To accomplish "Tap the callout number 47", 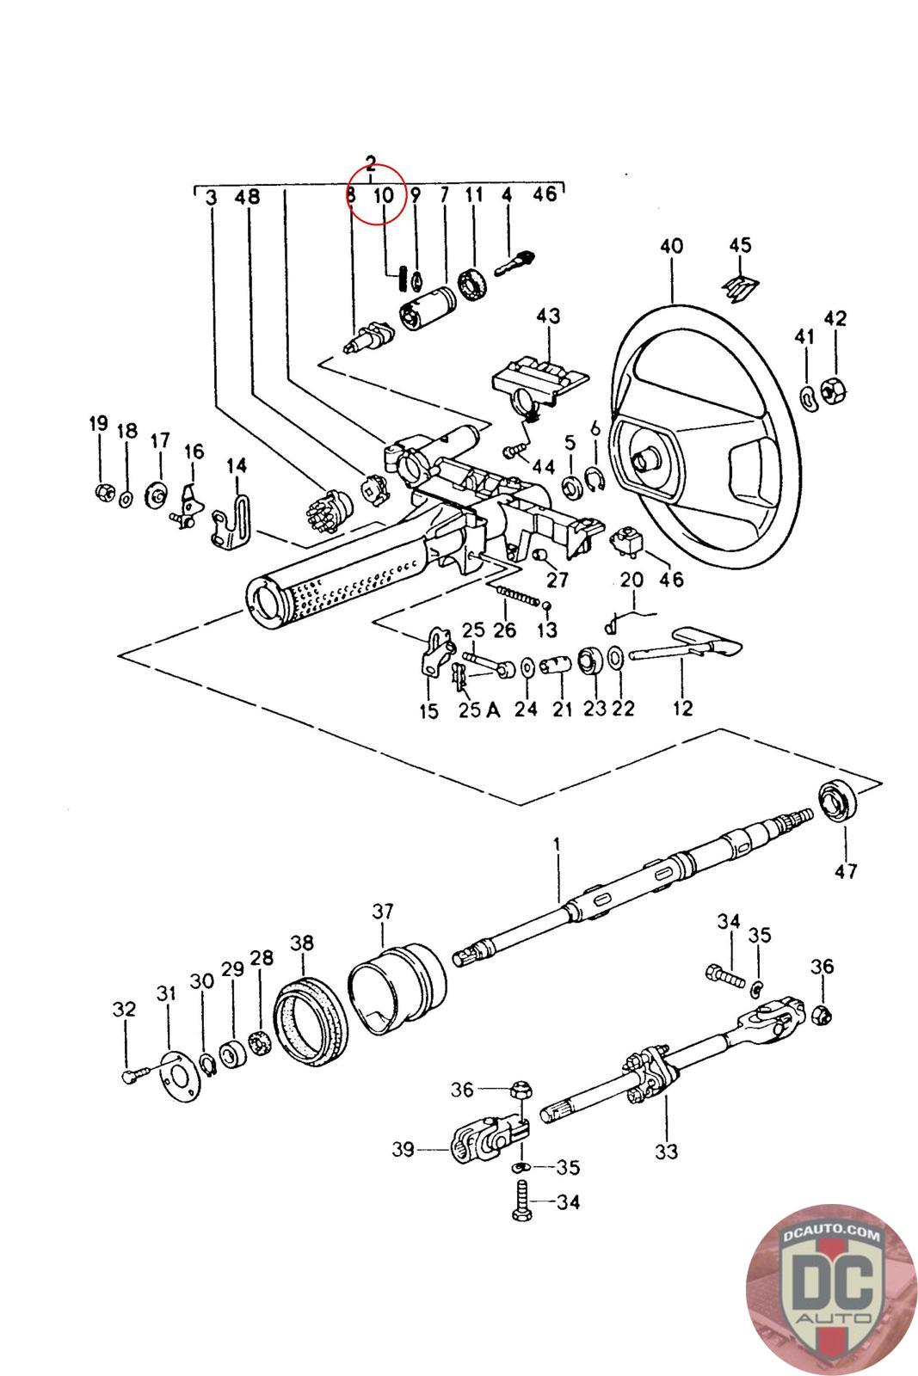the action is click(846, 870).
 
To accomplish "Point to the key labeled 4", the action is click(515, 264).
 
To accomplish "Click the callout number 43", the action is click(548, 316).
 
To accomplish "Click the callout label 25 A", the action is click(479, 710).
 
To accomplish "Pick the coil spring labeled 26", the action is click(517, 595).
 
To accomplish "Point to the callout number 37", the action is click(382, 911).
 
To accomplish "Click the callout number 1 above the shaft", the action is click(557, 845).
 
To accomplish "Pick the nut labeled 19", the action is click(105, 491).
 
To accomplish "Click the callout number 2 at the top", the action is click(371, 164).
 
